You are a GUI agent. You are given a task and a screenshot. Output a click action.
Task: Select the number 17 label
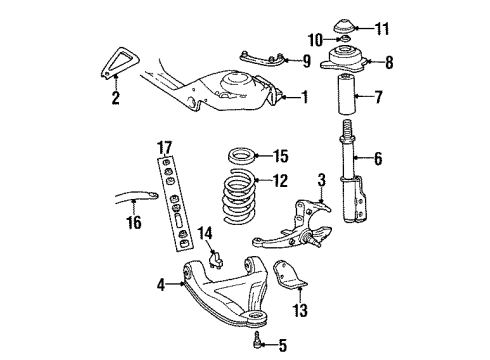165,148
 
